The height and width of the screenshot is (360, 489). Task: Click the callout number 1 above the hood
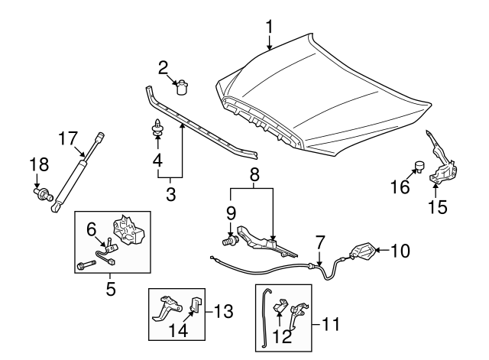(269, 28)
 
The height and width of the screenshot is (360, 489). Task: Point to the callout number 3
(170, 194)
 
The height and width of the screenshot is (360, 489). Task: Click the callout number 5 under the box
(111, 289)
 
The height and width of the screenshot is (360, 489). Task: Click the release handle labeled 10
(361, 252)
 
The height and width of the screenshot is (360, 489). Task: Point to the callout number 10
(402, 249)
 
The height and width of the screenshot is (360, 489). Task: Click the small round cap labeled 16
(418, 165)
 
